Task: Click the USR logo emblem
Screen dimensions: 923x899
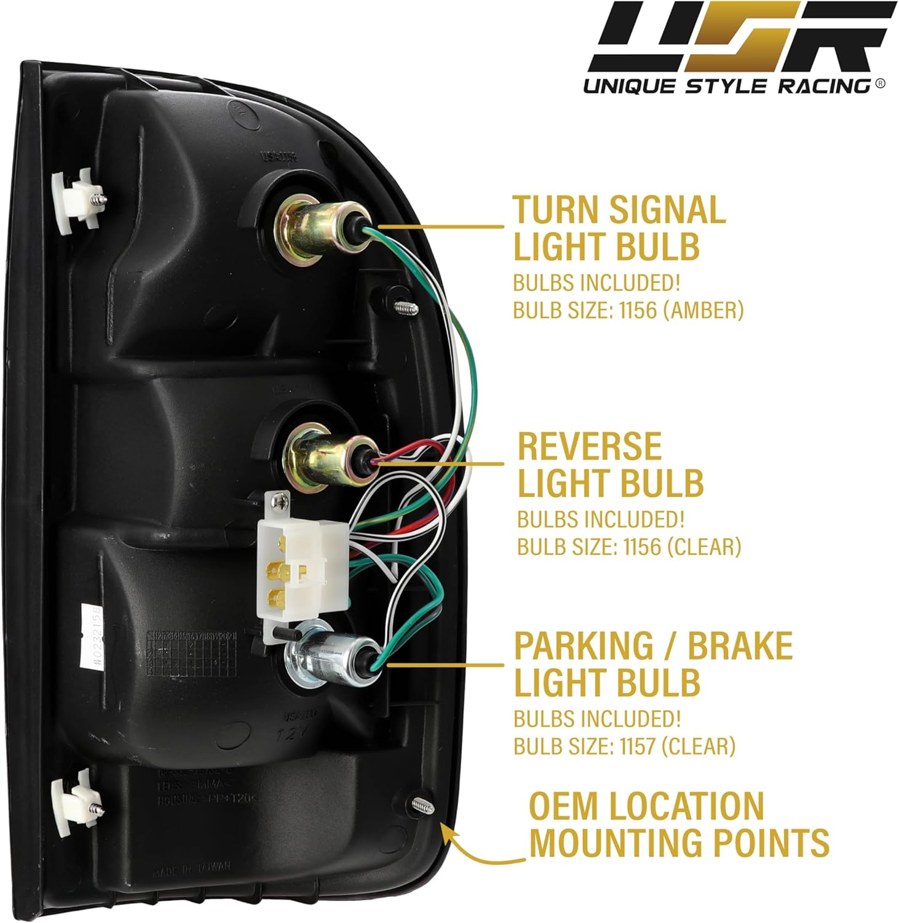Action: (742, 38)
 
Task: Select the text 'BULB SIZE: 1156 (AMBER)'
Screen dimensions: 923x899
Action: (628, 310)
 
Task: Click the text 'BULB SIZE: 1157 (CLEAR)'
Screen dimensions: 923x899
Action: (624, 746)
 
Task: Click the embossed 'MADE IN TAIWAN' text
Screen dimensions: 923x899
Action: (191, 869)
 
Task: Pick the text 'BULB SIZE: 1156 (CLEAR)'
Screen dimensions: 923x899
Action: (628, 546)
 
